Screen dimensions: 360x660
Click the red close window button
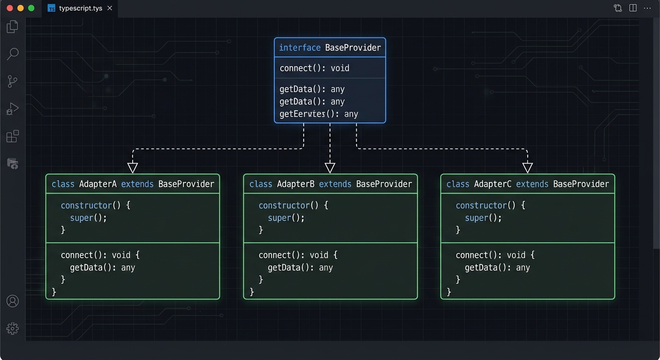tap(9, 8)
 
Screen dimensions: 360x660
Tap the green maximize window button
tap(31, 8)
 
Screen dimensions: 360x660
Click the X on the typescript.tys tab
tap(110, 8)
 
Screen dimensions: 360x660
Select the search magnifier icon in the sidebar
tap(13, 53)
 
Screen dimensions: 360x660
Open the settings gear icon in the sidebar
tap(13, 328)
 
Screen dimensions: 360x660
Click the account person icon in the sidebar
tap(13, 301)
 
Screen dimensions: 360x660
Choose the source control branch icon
tap(13, 82)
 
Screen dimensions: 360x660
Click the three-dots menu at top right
tap(647, 8)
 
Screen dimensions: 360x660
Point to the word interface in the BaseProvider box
tap(300, 48)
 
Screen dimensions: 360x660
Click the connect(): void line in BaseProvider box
tap(314, 68)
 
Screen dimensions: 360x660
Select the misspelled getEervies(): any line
tap(318, 114)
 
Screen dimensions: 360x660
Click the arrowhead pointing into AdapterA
tap(133, 167)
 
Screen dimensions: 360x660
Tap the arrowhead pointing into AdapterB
tap(330, 167)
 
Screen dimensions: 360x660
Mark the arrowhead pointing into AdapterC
tap(527, 167)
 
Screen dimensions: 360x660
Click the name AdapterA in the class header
tap(97, 184)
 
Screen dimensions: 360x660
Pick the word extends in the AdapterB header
tap(335, 184)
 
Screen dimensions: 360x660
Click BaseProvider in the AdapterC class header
tap(581, 184)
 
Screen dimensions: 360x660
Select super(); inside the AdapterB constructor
tap(286, 218)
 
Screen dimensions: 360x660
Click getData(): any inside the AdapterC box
tap(497, 268)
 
